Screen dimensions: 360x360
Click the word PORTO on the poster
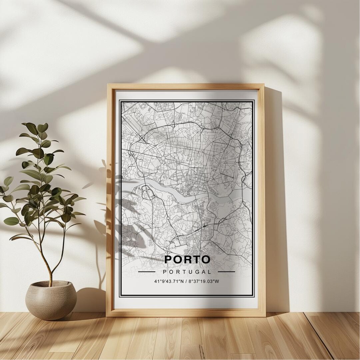click(x=187, y=259)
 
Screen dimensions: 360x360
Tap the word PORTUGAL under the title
click(x=187, y=272)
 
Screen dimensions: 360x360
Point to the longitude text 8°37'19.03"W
click(x=204, y=281)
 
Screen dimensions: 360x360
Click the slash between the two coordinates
click(x=186, y=281)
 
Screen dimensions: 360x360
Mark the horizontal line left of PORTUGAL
click(x=147, y=272)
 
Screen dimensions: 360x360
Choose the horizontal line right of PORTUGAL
click(x=226, y=272)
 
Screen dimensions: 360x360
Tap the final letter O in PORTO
click(x=205, y=259)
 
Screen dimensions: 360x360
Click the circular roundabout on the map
click(x=163, y=158)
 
